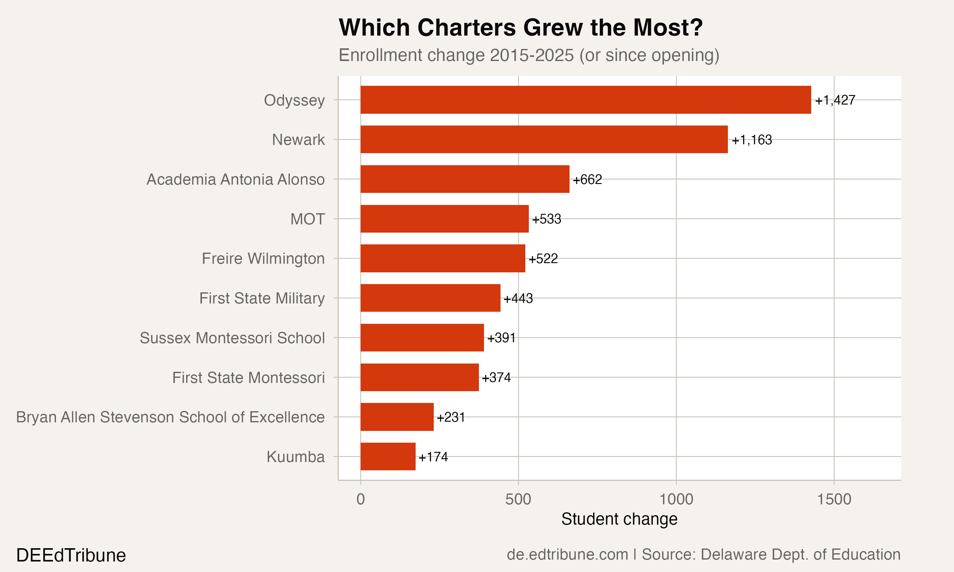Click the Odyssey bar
click(585, 100)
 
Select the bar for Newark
click(544, 140)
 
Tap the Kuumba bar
click(388, 456)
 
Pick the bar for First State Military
click(430, 298)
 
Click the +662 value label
click(587, 180)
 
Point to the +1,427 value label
click(835, 100)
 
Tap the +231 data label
click(451, 417)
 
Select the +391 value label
click(501, 338)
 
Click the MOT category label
click(307, 219)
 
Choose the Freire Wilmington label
click(263, 259)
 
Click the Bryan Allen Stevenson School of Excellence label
click(170, 417)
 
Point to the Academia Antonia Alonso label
click(235, 180)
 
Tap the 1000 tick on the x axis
click(676, 499)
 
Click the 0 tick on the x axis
click(361, 499)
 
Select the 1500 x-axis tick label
click(834, 499)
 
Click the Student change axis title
click(619, 519)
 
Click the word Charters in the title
click(466, 28)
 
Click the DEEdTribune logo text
click(71, 555)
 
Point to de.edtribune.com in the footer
click(567, 555)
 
